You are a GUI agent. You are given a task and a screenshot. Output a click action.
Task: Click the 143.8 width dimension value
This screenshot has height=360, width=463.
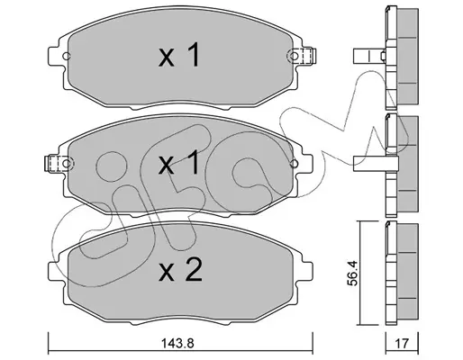coord(177,343)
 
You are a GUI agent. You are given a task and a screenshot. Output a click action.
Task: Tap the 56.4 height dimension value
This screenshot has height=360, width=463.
coord(352,274)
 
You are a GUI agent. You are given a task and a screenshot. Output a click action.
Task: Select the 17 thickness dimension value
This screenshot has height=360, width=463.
coord(403,344)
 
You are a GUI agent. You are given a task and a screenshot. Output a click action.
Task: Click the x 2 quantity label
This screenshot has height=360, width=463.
coord(180,270)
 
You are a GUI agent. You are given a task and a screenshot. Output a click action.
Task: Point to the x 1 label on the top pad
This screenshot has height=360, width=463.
coord(179,55)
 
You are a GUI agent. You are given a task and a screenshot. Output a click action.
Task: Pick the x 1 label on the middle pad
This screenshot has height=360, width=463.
coord(179,162)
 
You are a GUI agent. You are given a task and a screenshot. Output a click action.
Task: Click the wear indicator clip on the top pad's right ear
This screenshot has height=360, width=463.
coord(305,56)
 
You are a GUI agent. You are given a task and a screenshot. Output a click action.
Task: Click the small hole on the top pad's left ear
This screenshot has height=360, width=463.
coord(66,56)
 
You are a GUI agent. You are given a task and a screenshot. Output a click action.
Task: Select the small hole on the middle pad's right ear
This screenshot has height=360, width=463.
coord(294,164)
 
